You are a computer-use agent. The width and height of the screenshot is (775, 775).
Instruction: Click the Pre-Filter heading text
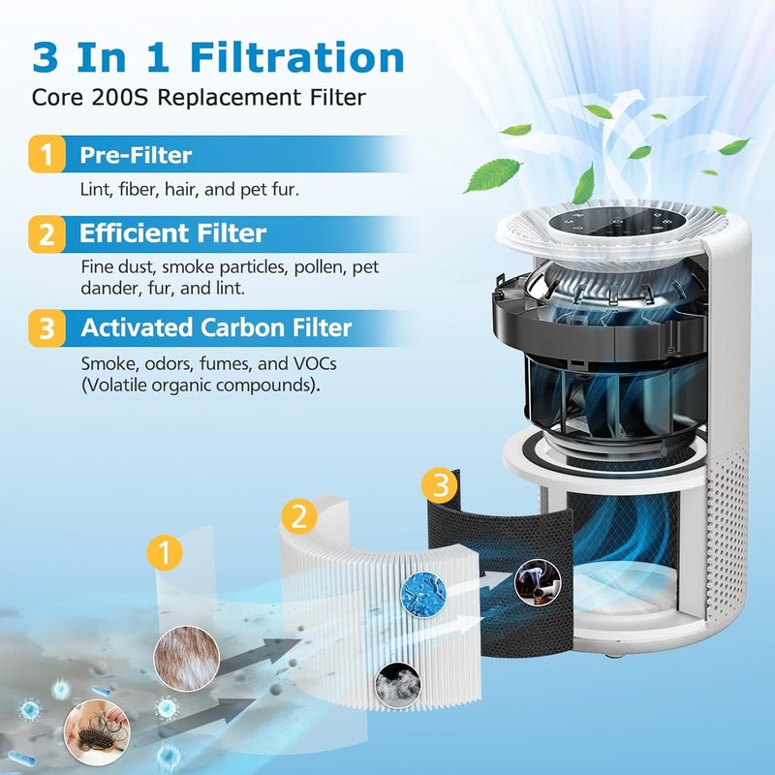(x=136, y=155)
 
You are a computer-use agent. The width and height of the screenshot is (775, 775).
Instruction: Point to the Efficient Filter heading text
(x=172, y=233)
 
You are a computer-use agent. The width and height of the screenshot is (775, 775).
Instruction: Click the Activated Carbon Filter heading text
(x=216, y=328)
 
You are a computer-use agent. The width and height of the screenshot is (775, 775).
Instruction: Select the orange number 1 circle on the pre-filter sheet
(x=165, y=553)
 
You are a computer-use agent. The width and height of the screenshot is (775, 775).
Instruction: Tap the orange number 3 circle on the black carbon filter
(x=442, y=485)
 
